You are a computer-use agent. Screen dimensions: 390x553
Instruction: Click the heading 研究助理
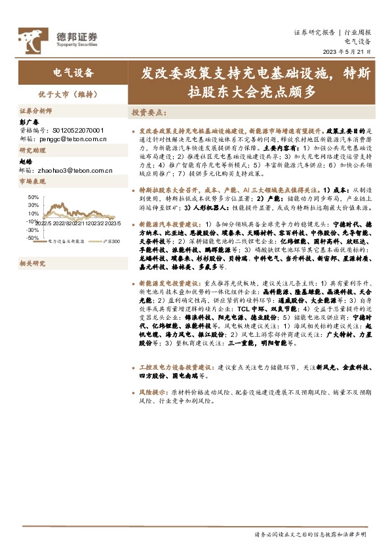click(31, 150)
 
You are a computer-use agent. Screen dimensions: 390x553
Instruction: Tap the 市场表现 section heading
click(31, 181)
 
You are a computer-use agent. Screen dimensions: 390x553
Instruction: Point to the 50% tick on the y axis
click(33, 196)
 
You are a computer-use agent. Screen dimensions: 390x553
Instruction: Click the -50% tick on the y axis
click(32, 238)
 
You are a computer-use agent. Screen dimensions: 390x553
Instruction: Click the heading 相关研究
click(31, 263)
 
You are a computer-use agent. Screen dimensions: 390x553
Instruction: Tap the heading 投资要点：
click(149, 112)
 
